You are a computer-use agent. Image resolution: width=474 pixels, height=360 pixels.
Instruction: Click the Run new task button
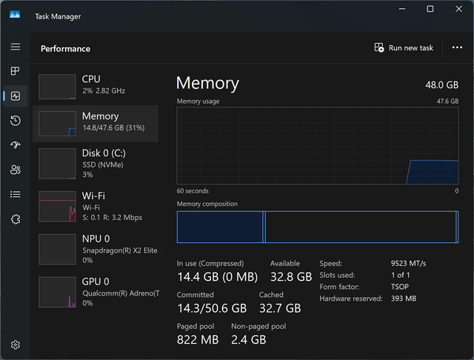pyautogui.click(x=404, y=47)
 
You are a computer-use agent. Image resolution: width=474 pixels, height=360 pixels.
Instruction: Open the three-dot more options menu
pyautogui.click(x=457, y=47)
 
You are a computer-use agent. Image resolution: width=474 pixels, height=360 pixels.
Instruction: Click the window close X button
pyautogui.click(x=458, y=9)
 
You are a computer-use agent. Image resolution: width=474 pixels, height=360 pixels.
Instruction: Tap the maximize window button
pyautogui.click(x=430, y=9)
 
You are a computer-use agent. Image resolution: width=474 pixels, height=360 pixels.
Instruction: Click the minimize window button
pyautogui.click(x=402, y=9)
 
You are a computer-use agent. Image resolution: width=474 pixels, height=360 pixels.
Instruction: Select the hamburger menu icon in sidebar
pyautogui.click(x=16, y=47)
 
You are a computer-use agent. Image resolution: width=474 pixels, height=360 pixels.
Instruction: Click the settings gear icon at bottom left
pyautogui.click(x=16, y=344)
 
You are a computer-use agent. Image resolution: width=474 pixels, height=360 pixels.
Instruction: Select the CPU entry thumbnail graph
pyautogui.click(x=57, y=87)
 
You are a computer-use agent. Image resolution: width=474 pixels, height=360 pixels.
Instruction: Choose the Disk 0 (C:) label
pyautogui.click(x=104, y=153)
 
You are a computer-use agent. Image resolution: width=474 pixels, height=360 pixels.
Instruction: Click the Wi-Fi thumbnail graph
pyautogui.click(x=57, y=207)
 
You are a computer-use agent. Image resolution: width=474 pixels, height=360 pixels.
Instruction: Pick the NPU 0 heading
pyautogui.click(x=96, y=239)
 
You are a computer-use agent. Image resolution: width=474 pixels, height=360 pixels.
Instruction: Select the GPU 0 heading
pyautogui.click(x=96, y=281)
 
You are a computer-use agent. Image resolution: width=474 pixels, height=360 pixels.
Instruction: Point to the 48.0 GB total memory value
pyautogui.click(x=441, y=85)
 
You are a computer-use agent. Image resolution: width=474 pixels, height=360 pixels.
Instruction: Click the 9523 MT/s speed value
pyautogui.click(x=408, y=264)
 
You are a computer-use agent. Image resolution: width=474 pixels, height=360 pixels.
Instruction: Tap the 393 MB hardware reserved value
pyautogui.click(x=404, y=299)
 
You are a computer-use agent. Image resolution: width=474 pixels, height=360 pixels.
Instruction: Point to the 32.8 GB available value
pyautogui.click(x=291, y=277)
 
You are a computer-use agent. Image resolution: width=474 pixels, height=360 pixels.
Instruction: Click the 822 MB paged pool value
pyautogui.click(x=198, y=340)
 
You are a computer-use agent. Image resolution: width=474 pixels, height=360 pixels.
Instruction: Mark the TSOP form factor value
pyautogui.click(x=400, y=287)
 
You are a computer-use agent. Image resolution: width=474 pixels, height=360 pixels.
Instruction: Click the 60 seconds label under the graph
pyautogui.click(x=193, y=191)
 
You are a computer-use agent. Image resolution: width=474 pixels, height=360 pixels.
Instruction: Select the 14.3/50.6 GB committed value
pyautogui.click(x=212, y=308)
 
